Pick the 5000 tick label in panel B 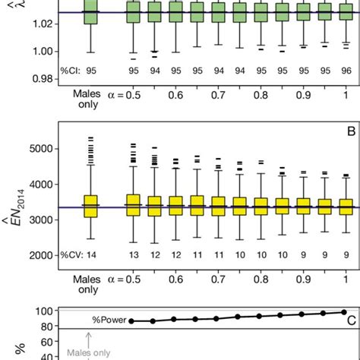(x=37, y=149)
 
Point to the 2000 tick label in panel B (x=37, y=256)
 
